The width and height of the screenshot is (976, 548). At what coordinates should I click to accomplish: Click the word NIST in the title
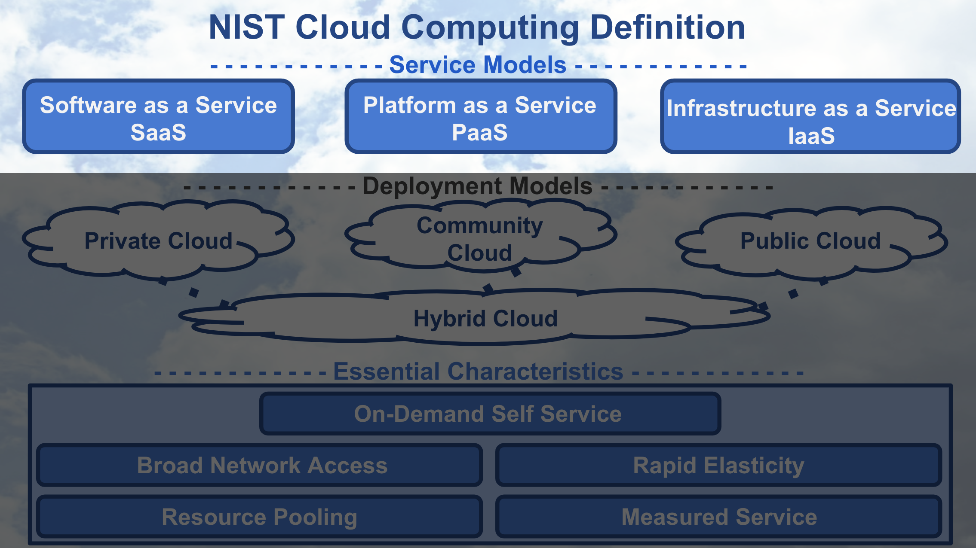coord(246,27)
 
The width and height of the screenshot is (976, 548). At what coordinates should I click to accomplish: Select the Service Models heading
coord(478,65)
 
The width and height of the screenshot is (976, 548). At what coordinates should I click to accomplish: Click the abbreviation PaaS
coord(479,132)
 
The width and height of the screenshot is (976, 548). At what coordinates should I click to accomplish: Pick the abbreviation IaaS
coord(811,136)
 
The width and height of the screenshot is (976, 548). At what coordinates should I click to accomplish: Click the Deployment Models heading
coord(477,186)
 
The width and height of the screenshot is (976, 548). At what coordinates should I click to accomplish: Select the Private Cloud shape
coord(158,241)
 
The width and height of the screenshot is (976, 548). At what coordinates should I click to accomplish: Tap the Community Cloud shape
coord(479,238)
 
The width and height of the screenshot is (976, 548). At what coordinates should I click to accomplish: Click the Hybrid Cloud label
coord(485,319)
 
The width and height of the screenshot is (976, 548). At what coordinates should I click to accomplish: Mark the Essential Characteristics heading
coord(478,371)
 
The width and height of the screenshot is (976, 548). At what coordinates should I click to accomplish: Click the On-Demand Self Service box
coord(490,414)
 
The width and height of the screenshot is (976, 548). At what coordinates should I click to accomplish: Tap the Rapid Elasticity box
coord(718,466)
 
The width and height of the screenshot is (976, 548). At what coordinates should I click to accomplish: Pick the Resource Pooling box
coord(259,517)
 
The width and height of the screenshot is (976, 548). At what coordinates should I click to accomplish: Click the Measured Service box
coord(719,517)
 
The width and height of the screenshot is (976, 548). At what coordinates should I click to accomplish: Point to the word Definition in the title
coord(667,27)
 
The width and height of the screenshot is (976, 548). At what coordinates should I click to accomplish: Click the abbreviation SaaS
coord(158,132)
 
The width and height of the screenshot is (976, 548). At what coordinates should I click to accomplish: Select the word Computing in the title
coord(490,27)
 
